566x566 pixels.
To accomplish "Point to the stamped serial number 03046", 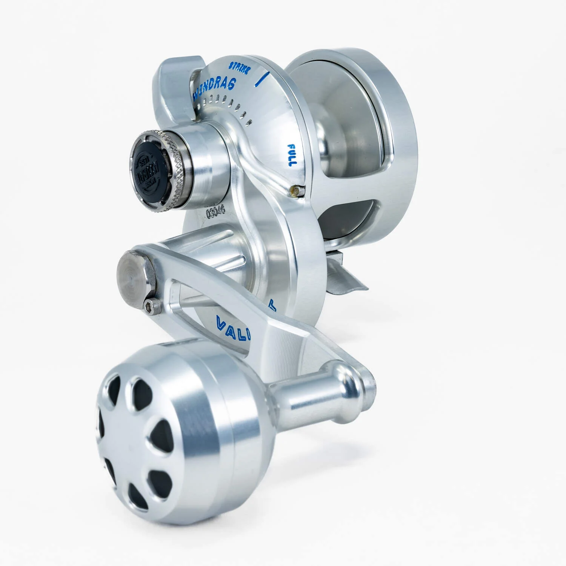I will [215, 212].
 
